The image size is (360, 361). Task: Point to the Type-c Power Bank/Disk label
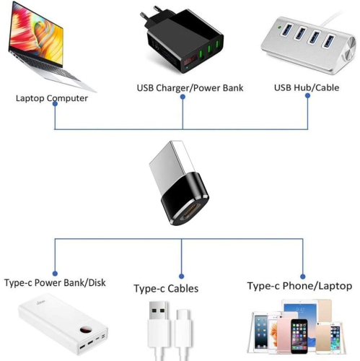(x=55, y=282)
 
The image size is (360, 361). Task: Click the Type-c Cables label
(x=166, y=289)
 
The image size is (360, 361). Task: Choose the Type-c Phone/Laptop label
(x=299, y=286)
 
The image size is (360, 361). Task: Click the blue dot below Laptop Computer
(x=56, y=110)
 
